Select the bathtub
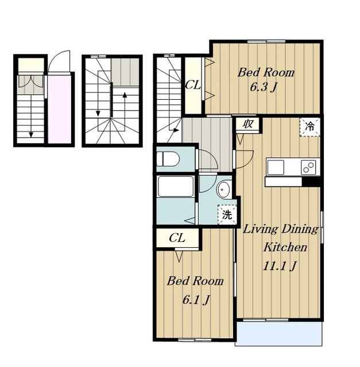click(176, 186)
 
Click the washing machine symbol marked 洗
click(227, 214)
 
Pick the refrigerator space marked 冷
click(309, 127)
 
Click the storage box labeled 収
click(247, 124)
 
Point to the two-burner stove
click(308, 167)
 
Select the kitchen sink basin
click(276, 167)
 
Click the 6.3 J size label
click(264, 88)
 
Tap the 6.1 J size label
click(196, 300)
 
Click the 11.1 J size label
click(280, 266)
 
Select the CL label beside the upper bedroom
click(193, 85)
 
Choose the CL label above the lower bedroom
click(177, 238)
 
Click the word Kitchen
click(285, 247)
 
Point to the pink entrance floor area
click(60, 109)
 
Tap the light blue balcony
click(278, 334)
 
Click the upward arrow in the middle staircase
click(125, 106)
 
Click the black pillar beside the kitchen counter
click(311, 182)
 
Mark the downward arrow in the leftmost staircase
click(31, 118)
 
